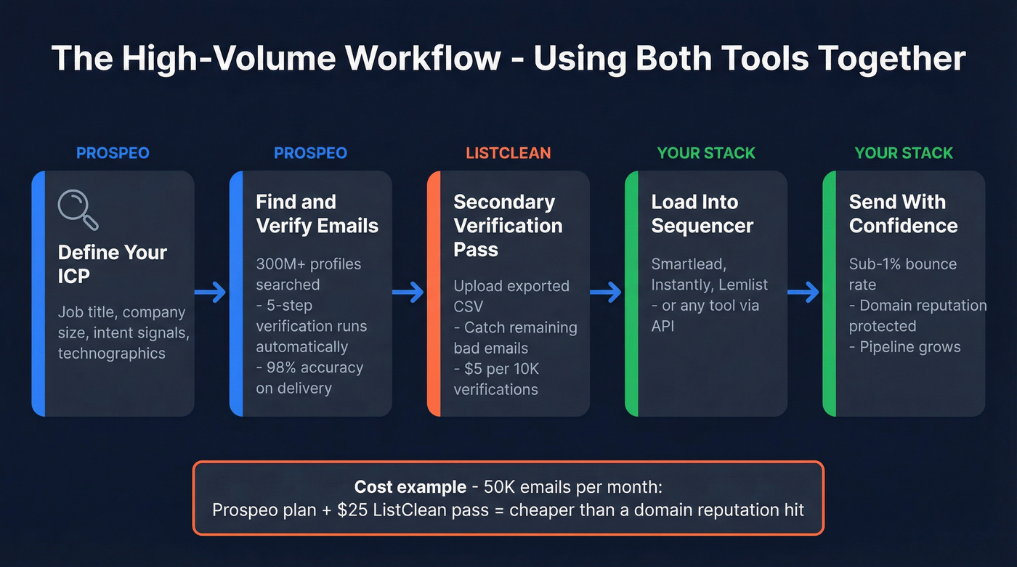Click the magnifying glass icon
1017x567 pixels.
(x=77, y=210)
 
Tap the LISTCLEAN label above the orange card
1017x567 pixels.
(x=508, y=153)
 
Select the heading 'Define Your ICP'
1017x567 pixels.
(x=113, y=264)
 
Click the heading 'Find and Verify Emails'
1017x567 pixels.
(x=317, y=213)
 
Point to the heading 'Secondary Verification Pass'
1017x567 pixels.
(x=508, y=225)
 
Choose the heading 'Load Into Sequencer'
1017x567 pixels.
(x=702, y=213)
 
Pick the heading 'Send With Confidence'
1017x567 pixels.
(x=903, y=213)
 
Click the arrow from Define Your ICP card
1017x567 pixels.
(x=211, y=293)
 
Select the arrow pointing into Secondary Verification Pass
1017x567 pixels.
(x=408, y=293)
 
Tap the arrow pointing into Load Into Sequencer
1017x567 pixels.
(x=606, y=293)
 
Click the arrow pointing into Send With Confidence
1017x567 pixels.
(x=803, y=293)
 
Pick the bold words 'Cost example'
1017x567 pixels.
(x=410, y=486)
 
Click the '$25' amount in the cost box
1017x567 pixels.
(x=353, y=510)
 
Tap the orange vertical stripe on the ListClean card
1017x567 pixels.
(x=434, y=293)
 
